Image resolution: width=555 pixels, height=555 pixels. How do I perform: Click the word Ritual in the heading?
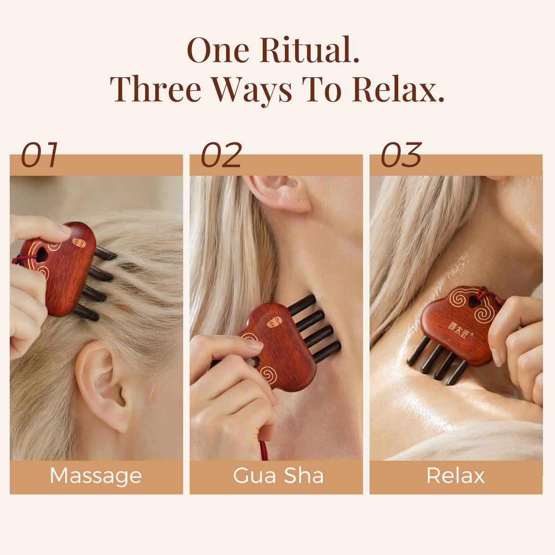coord(309,49)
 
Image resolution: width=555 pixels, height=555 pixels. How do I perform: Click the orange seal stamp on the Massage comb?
coord(79,243)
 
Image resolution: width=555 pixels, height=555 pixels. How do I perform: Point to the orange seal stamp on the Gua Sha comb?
coord(274,322)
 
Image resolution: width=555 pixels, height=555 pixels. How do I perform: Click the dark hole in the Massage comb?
coord(42,255)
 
